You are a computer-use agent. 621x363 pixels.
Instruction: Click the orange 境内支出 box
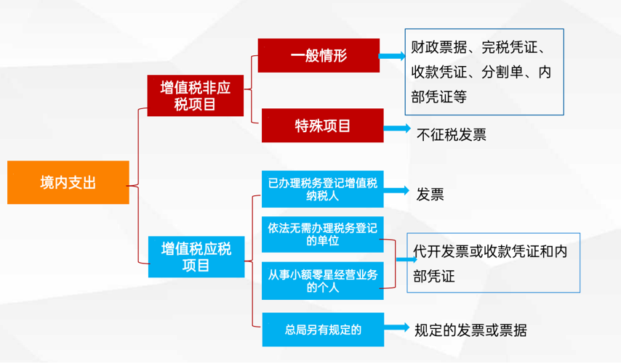click(68, 182)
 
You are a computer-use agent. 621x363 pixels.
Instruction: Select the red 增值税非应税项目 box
click(196, 95)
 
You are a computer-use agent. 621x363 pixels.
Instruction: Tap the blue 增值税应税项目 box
click(196, 256)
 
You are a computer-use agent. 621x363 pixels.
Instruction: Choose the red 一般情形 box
click(318, 55)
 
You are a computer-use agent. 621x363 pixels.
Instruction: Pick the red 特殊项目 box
click(322, 126)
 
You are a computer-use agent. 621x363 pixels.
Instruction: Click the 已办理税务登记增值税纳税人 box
click(322, 189)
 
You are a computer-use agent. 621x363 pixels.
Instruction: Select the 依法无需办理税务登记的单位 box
click(322, 234)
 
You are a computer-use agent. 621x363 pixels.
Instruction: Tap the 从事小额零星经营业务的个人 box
click(322, 280)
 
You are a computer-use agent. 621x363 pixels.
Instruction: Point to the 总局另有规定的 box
click(323, 330)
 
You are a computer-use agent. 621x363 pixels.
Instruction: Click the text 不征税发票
click(451, 135)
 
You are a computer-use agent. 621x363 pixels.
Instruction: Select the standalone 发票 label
click(430, 194)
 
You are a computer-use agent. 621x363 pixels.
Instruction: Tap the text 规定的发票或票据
click(470, 330)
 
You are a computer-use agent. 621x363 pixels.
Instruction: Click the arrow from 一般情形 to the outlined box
click(392, 56)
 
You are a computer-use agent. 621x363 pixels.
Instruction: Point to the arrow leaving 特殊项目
click(397, 128)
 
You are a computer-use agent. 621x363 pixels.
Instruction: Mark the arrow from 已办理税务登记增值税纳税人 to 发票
click(396, 191)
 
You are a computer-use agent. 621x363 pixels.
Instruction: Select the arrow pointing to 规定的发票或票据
click(397, 327)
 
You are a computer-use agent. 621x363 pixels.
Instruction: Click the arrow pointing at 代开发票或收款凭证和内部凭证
click(406, 259)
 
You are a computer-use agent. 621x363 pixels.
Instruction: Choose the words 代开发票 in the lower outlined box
click(441, 251)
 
